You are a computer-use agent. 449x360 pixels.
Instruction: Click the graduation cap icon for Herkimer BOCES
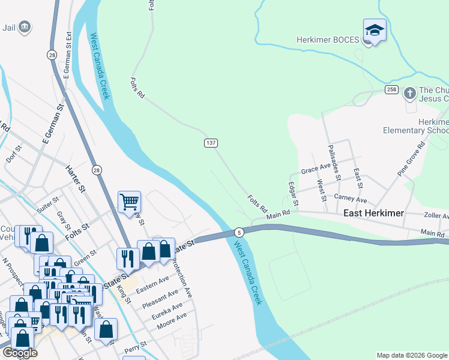375,31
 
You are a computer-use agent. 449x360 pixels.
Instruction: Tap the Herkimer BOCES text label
328,41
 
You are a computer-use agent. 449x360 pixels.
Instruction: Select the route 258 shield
392,89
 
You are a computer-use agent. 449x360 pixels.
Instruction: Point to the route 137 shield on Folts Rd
210,143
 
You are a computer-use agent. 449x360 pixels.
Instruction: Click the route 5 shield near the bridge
239,232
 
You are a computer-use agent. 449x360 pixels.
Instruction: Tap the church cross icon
409,93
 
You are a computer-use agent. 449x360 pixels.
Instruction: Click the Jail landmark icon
25,26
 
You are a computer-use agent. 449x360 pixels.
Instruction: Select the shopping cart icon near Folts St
129,202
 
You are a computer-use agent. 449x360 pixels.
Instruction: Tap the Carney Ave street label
351,199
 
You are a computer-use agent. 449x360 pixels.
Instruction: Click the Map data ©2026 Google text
412,355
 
